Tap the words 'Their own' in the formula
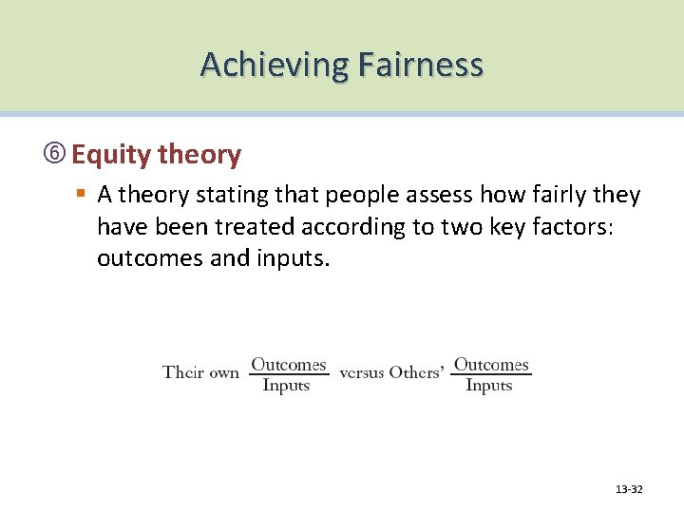200,372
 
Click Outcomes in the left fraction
288,365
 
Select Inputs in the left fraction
286,386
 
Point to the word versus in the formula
361,372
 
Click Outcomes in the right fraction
491,365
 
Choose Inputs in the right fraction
489,386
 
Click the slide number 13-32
629,489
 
